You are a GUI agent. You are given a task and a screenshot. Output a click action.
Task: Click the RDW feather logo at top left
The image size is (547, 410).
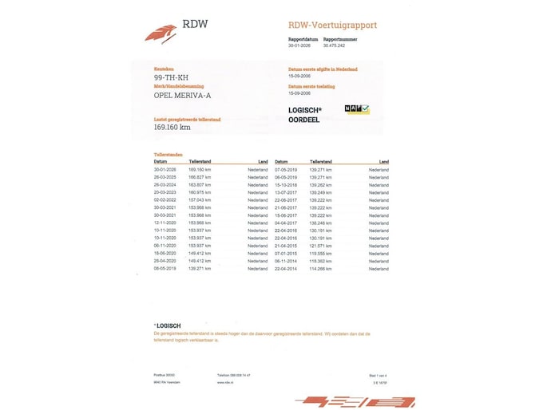point(162,33)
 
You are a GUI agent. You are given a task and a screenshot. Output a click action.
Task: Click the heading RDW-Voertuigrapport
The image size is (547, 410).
point(332,25)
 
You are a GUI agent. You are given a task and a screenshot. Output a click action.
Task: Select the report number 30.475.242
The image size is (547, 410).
point(335,45)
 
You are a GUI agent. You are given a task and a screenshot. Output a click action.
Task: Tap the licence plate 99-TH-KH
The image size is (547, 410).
point(172,77)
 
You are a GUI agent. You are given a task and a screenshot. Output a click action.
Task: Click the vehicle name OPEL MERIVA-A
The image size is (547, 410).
point(182,95)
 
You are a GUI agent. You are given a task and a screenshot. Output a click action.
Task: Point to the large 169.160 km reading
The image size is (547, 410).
point(172,127)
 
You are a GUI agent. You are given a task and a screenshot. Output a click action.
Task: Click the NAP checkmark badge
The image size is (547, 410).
point(357,109)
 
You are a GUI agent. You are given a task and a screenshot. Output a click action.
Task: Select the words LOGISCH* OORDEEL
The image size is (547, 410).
point(305,115)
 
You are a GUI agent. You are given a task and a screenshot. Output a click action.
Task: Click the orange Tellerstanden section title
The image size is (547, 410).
point(168,154)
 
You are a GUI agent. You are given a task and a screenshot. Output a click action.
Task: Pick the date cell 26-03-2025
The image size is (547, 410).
point(165,177)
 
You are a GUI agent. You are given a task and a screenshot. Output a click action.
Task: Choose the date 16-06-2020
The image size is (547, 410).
point(165,253)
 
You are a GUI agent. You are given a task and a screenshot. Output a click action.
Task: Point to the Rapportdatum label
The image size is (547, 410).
point(303,39)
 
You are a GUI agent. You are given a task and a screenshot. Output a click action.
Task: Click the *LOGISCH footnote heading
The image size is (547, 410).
point(167,325)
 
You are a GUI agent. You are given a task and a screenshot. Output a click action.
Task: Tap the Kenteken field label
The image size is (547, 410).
point(164,69)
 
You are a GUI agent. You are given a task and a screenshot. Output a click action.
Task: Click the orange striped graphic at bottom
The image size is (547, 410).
point(355,401)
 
